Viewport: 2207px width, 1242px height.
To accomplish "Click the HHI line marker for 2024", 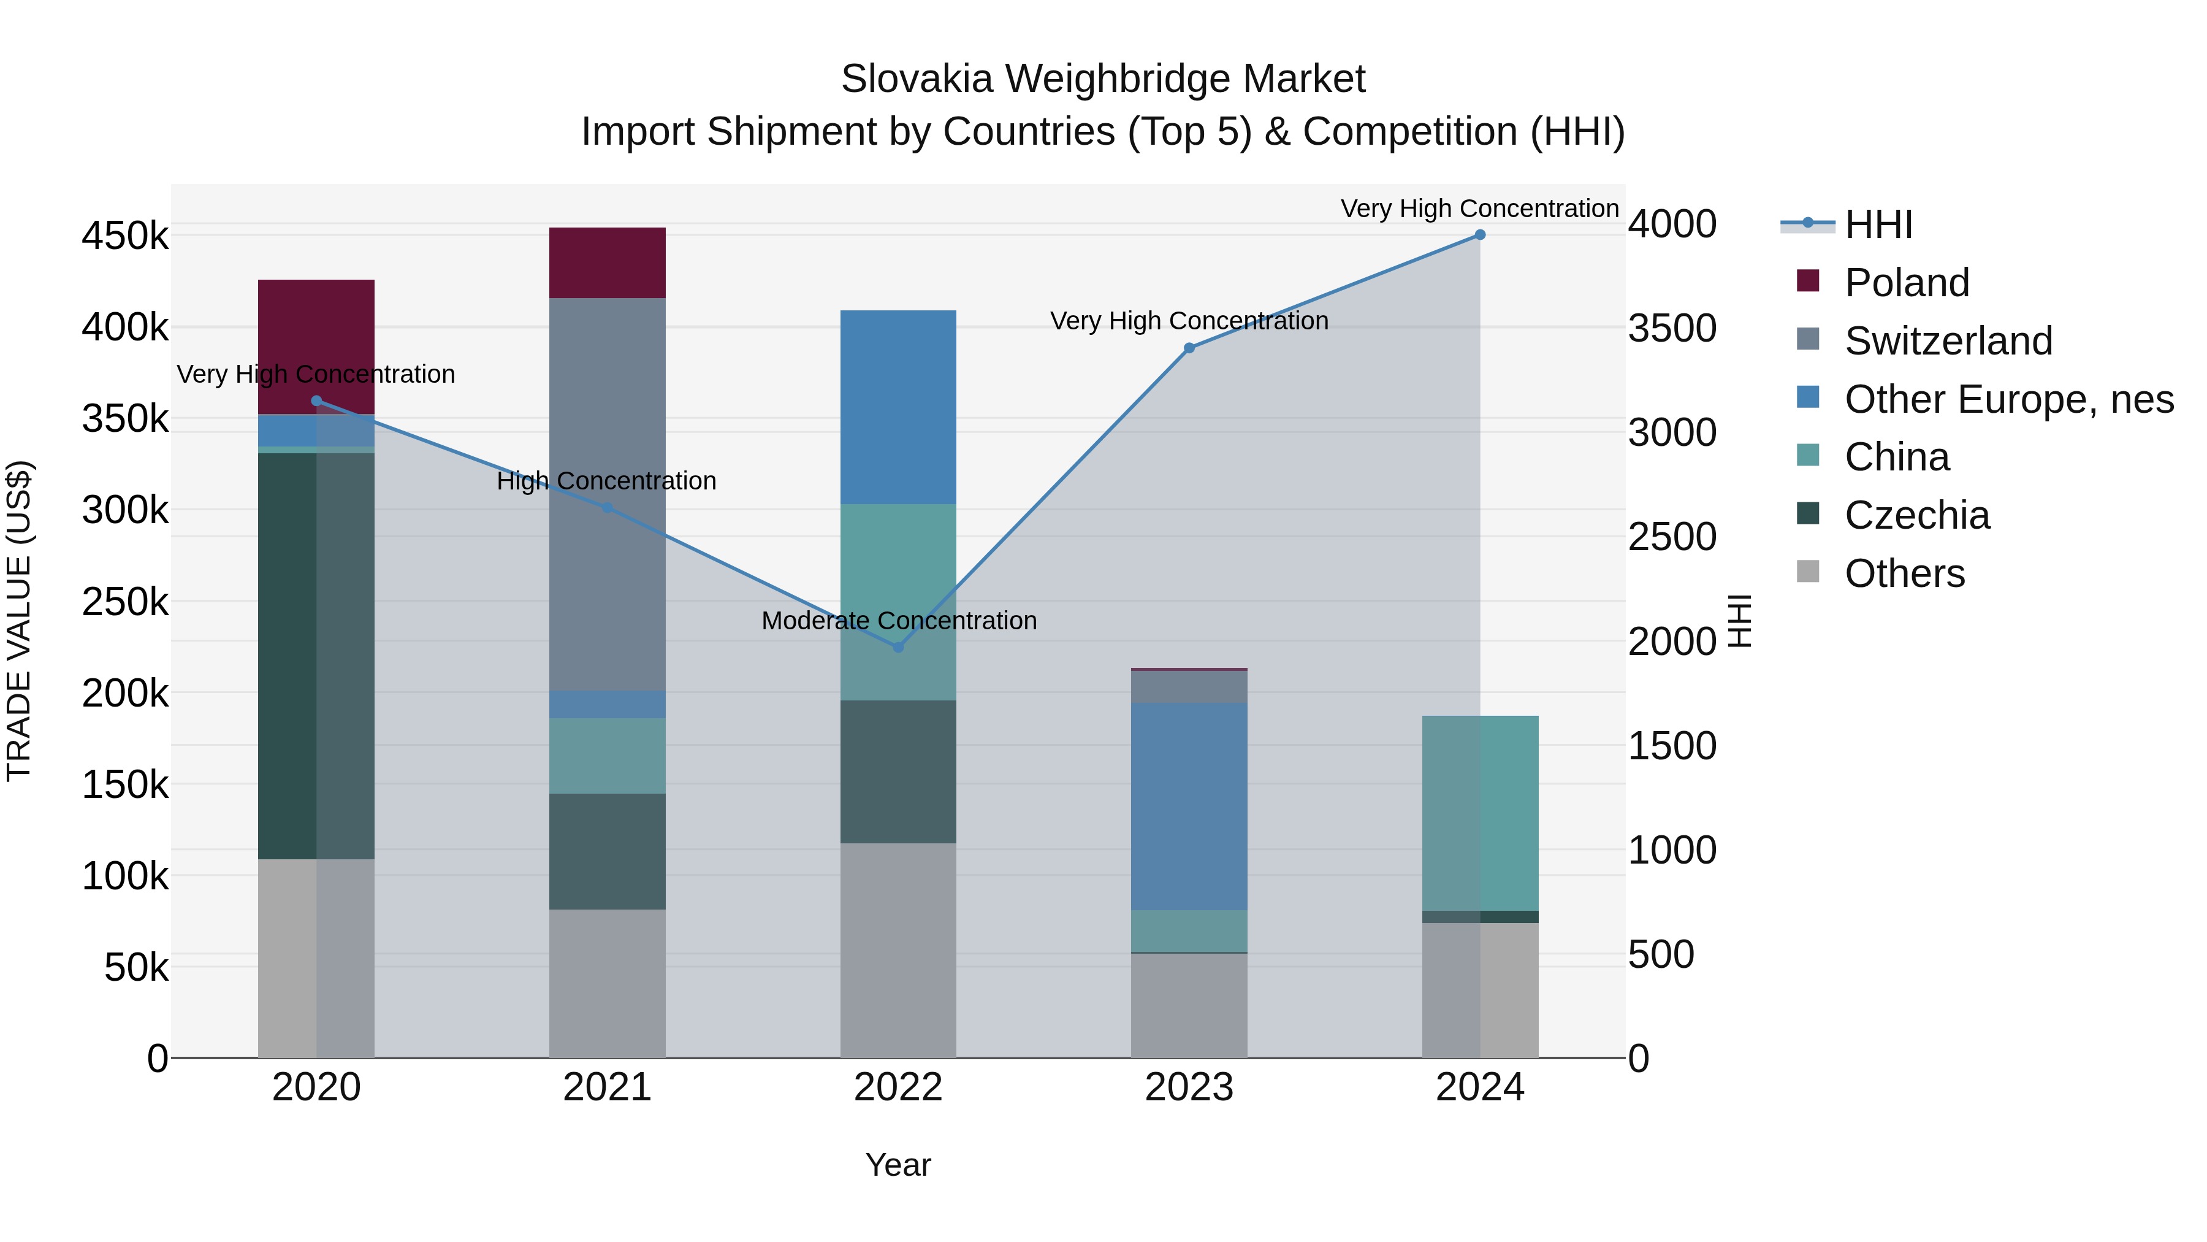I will coord(1480,235).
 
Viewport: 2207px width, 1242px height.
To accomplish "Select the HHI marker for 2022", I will coord(898,647).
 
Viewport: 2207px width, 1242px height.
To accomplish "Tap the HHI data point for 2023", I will coord(1189,348).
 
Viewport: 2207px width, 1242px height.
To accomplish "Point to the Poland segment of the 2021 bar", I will coord(608,263).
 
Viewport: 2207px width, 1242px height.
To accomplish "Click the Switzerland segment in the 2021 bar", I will coord(608,494).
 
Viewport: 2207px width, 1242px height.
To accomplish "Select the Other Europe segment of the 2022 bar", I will coord(898,407).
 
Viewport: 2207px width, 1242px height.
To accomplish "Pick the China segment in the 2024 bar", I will coord(1480,813).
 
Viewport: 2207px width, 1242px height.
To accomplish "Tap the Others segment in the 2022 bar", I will coord(898,949).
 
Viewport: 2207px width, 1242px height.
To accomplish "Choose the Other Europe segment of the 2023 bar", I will coord(1189,807).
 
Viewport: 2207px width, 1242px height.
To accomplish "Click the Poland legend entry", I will coord(1906,283).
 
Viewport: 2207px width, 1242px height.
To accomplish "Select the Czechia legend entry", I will coord(1916,515).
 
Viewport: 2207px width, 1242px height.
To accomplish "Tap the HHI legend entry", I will coord(1878,224).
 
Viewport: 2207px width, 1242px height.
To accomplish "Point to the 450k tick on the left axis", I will coord(125,236).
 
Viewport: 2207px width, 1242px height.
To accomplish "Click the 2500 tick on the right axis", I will coord(1672,537).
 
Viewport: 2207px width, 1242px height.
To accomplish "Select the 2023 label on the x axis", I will coord(1189,1087).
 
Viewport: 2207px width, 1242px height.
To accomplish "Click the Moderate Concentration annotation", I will coord(899,621).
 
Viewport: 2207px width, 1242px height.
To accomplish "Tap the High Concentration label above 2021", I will coord(606,481).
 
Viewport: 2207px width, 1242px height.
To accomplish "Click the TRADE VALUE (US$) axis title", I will coord(19,621).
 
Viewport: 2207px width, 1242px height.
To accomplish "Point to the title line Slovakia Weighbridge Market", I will coord(1103,79).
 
